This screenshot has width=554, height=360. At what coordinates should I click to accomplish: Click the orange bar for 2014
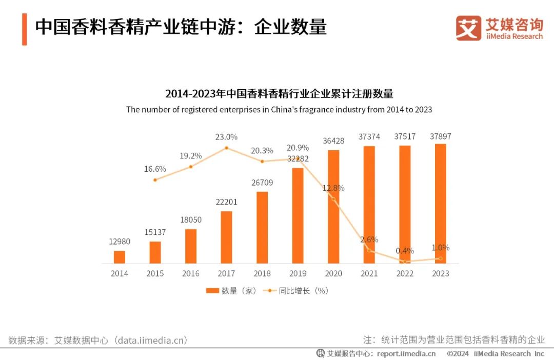tap(120, 257)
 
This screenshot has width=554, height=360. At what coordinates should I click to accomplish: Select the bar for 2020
tap(333, 207)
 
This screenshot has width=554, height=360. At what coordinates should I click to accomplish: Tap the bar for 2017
tap(226, 237)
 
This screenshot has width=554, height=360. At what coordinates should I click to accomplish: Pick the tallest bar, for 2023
tap(440, 204)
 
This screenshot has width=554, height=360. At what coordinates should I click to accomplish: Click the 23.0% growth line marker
tap(226, 148)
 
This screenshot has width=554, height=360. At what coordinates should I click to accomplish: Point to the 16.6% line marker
tap(155, 179)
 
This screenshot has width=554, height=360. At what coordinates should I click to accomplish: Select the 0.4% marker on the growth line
tap(405, 262)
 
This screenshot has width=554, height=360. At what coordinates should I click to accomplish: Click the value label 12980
tap(120, 242)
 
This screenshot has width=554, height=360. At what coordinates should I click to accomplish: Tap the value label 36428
tap(333, 141)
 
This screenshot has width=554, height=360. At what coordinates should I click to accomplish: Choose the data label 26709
tap(262, 182)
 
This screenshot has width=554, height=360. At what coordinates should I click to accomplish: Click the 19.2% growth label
tap(191, 155)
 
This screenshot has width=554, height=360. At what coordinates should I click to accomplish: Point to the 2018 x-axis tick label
tap(262, 274)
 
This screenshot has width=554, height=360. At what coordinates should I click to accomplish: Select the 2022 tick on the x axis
tap(405, 274)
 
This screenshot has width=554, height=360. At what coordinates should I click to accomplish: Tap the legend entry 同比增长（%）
tap(296, 291)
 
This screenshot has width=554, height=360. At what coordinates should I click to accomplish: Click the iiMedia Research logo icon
tap(468, 28)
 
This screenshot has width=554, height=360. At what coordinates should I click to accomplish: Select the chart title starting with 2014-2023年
tap(279, 94)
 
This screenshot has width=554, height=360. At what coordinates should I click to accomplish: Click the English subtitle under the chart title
tap(279, 109)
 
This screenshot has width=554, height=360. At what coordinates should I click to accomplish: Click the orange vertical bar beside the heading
tap(24, 29)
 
